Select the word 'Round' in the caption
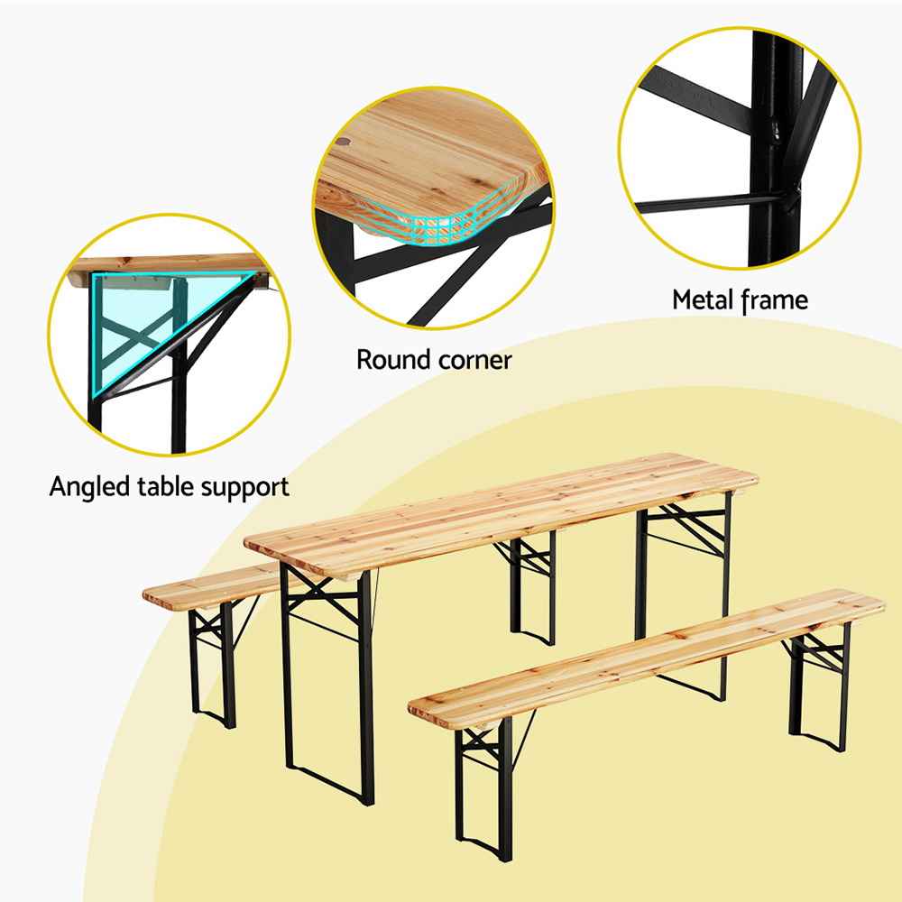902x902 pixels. pyautogui.click(x=394, y=360)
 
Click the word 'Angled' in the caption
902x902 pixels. pyautogui.click(x=89, y=488)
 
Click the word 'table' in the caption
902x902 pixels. pyautogui.click(x=164, y=487)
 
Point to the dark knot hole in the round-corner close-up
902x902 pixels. pyautogui.click(x=344, y=142)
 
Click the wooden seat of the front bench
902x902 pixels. pyautogui.click(x=647, y=658)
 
